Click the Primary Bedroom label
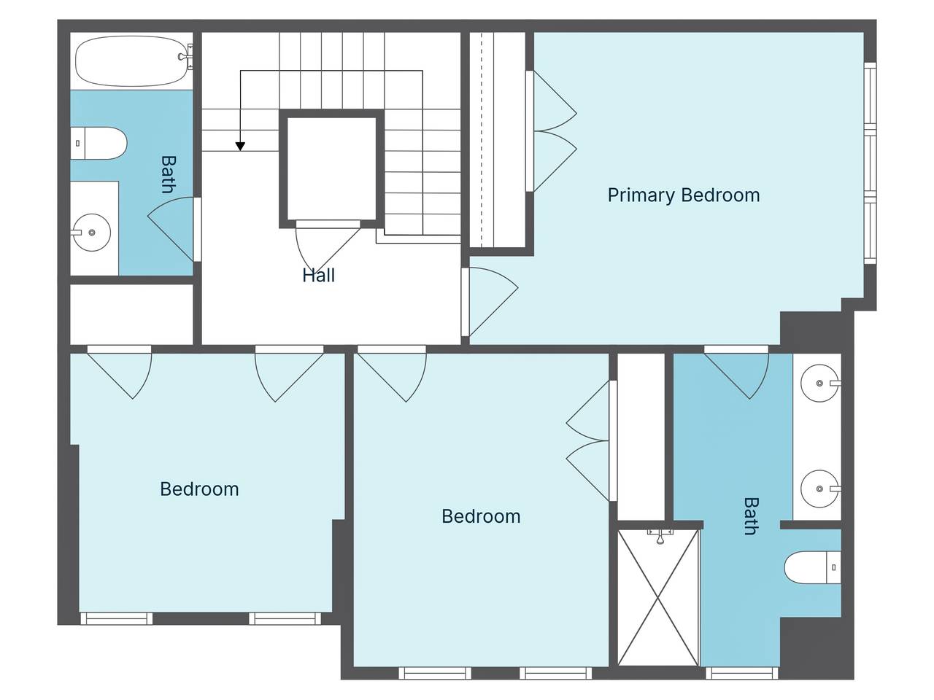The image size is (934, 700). [684, 195]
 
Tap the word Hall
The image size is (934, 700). [318, 276]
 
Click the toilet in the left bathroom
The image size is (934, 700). [99, 143]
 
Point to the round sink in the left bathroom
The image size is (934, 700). [92, 233]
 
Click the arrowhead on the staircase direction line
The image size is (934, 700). [240, 147]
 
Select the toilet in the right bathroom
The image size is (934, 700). [812, 567]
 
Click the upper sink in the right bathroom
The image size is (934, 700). [820, 384]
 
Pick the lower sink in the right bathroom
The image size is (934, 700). [820, 489]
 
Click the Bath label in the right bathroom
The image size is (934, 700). [751, 516]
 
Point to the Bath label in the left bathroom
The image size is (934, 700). [169, 175]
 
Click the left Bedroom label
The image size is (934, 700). [199, 489]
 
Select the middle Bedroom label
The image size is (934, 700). [481, 516]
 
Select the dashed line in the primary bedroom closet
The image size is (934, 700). [482, 139]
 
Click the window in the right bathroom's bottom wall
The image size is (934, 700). [741, 673]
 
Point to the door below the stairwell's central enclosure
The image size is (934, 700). [328, 246]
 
